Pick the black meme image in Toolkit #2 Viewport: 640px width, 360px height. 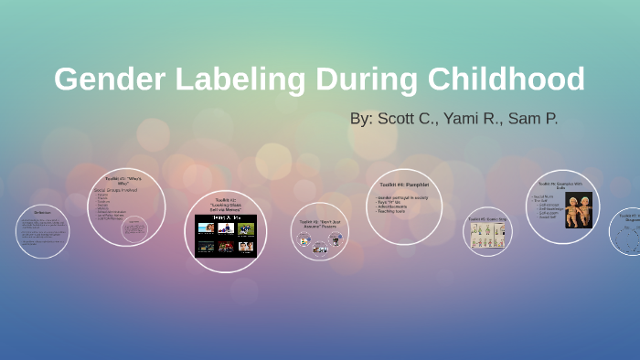(225, 236)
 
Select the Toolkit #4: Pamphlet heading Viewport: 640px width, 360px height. (403, 185)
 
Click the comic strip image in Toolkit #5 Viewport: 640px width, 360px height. (487, 235)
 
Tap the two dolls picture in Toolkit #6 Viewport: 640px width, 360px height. (578, 210)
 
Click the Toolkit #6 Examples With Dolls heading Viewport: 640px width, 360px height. (563, 185)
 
